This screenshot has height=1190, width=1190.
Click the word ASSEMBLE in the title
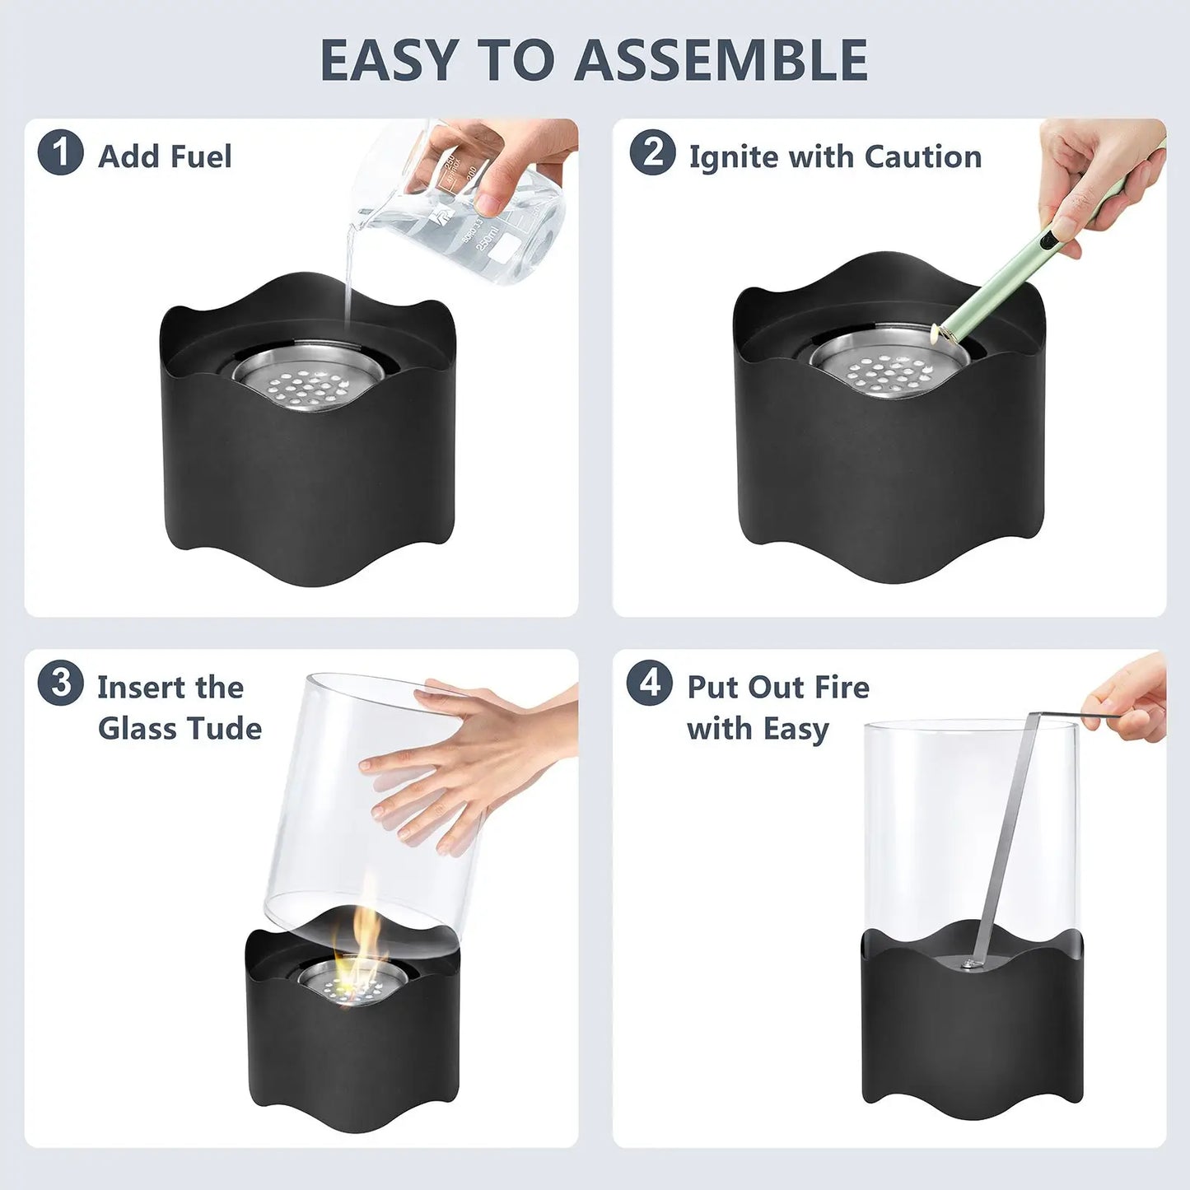point(721,61)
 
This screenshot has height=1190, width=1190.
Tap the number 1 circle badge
point(60,153)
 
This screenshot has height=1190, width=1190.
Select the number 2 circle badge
point(652,153)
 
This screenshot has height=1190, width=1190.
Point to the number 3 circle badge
point(60,683)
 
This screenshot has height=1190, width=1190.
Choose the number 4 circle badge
point(649,683)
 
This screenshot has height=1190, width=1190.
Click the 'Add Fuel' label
point(165,156)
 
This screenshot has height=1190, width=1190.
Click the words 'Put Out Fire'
point(777,687)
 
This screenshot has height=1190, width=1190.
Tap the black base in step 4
point(972,1038)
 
